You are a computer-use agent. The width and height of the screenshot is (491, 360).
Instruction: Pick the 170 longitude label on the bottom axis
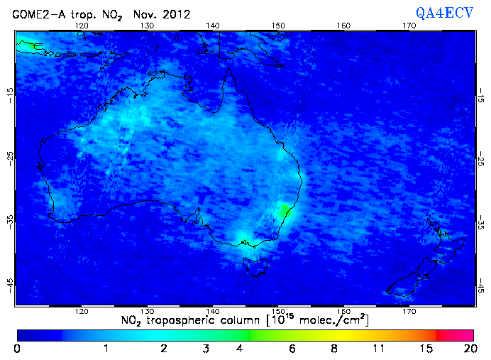pos(409,311)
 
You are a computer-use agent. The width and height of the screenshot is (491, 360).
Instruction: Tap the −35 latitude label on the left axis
pos(10,221)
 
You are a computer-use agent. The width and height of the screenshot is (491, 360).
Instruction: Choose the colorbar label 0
pos(17,349)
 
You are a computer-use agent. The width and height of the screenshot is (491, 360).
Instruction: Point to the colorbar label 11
pos(378,349)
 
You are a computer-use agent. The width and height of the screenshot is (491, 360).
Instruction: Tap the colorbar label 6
pos(291,349)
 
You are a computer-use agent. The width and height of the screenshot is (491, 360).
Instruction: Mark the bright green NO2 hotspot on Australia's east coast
pos(285,210)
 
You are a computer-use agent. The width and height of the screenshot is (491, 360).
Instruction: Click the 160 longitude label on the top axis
pos(343,26)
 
